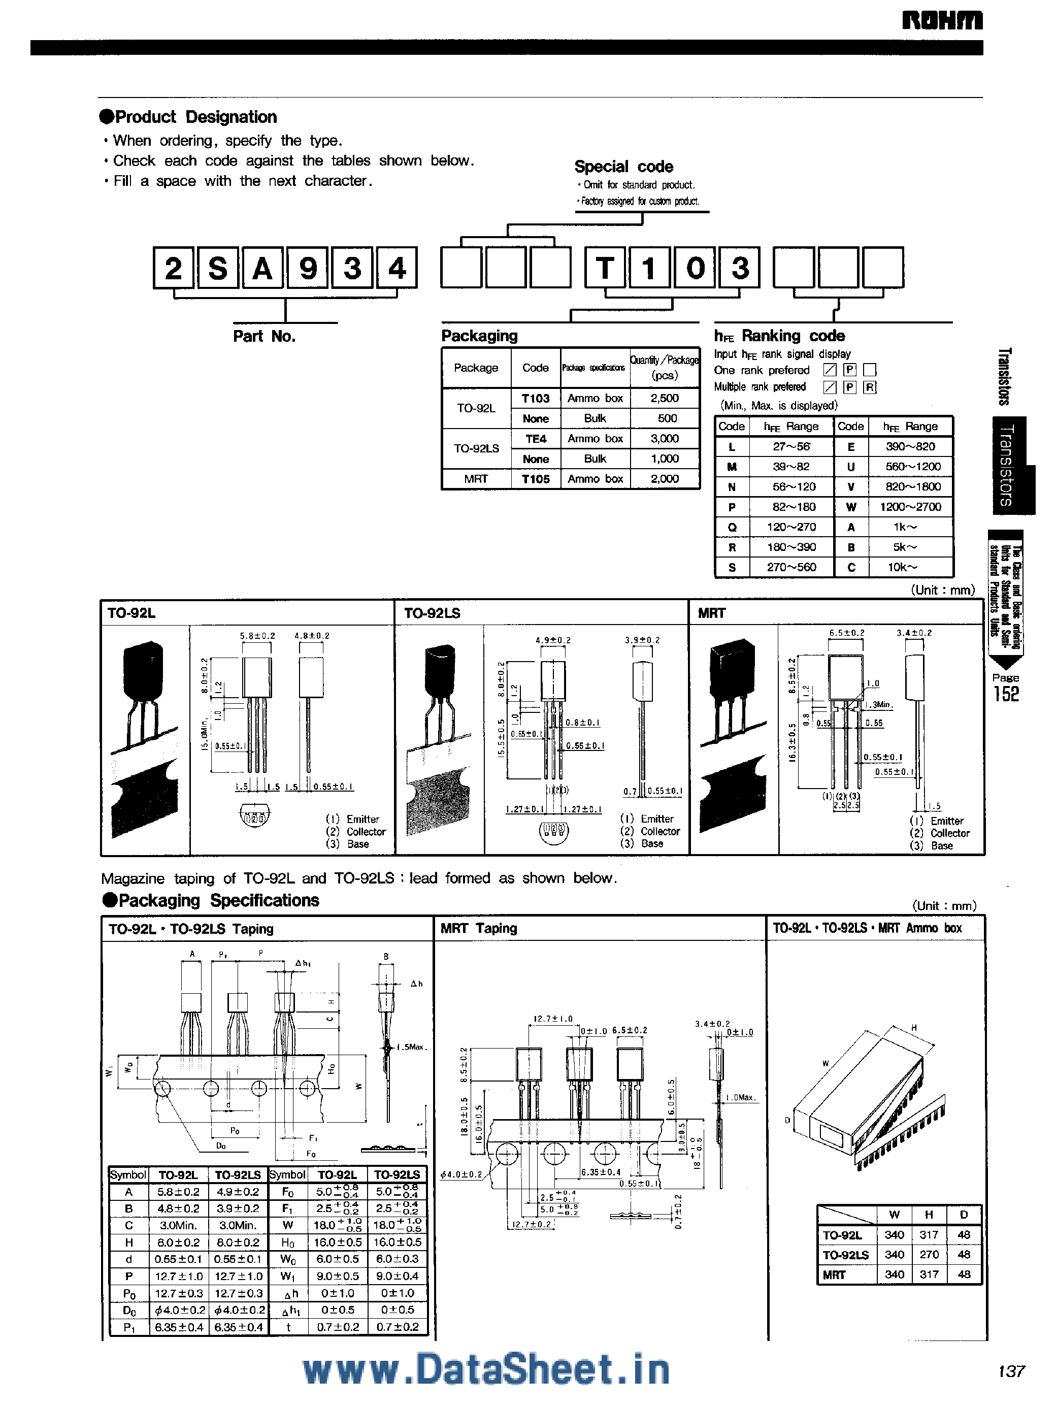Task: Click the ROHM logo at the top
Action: [942, 20]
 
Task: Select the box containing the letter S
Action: [218, 268]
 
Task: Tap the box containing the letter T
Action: [606, 268]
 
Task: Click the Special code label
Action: [623, 167]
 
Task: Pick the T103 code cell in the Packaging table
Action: [535, 399]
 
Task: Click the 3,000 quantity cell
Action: [664, 439]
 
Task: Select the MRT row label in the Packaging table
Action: [476, 479]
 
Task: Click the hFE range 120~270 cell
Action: [791, 527]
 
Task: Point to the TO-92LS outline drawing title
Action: [432, 613]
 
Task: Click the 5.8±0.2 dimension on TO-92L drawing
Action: [257, 636]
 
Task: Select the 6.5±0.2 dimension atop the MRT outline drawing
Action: [846, 633]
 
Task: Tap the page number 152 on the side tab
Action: [1006, 694]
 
